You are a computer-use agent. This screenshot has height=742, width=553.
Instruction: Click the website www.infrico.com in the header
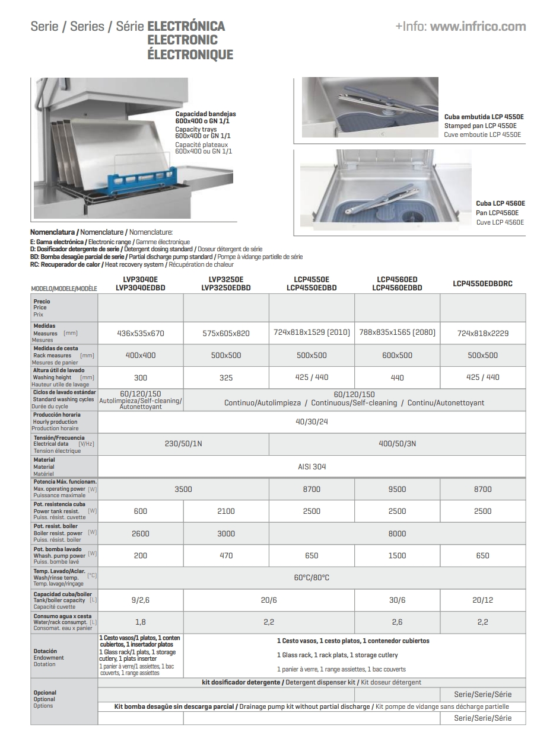click(478, 27)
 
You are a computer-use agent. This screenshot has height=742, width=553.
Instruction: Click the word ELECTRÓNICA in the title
click(186, 27)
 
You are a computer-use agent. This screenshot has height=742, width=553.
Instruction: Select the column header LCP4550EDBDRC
click(482, 284)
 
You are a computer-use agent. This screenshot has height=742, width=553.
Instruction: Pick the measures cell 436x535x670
click(141, 333)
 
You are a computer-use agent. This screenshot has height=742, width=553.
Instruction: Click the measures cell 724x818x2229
click(482, 333)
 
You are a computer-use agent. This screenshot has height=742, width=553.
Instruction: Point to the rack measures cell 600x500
click(397, 355)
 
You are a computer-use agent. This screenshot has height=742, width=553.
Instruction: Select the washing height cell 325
click(226, 378)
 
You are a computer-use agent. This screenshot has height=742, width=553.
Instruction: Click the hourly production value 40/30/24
click(312, 422)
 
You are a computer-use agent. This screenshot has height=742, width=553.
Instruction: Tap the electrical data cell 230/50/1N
click(183, 444)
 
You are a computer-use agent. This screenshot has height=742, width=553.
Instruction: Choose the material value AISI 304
click(312, 466)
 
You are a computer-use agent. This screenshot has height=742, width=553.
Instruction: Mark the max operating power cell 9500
click(397, 489)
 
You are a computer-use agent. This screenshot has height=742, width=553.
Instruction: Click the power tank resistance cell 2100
click(226, 511)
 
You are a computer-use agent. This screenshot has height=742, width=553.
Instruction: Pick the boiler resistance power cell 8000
click(397, 533)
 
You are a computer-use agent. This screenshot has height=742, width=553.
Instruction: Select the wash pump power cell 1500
click(397, 555)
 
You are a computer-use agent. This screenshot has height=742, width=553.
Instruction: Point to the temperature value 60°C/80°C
click(312, 577)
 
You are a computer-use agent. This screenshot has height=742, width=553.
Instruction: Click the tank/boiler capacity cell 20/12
click(482, 600)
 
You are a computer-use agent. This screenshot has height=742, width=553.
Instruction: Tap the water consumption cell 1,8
click(141, 622)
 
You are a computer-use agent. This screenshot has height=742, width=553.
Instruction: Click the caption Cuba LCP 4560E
click(500, 203)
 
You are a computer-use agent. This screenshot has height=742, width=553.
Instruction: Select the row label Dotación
click(45, 651)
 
